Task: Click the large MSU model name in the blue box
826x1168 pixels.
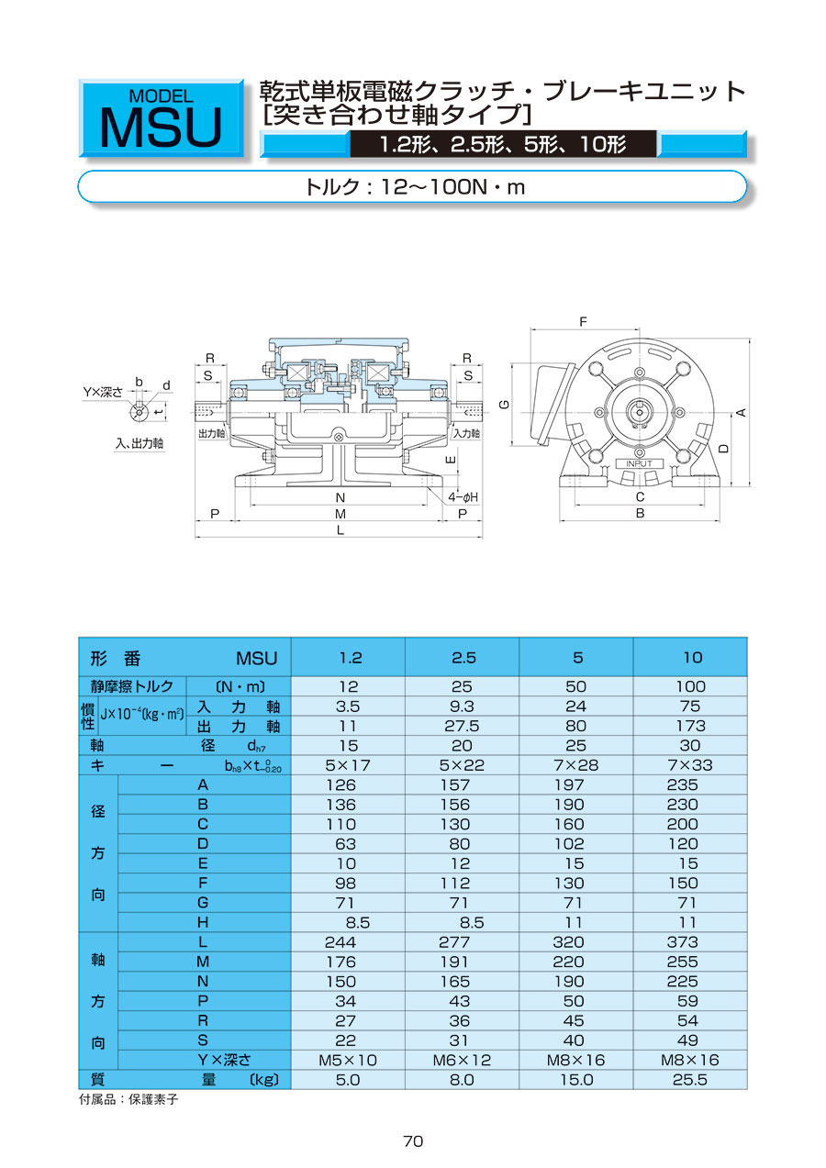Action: click(x=161, y=128)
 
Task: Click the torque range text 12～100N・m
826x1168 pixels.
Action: click(x=452, y=186)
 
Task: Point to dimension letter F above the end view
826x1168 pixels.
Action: click(x=583, y=322)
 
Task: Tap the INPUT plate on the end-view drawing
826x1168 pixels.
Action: click(x=639, y=463)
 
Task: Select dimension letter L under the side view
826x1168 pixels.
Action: click(x=340, y=530)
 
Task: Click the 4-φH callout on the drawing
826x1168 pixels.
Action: click(x=463, y=497)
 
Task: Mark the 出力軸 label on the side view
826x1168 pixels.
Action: click(x=212, y=433)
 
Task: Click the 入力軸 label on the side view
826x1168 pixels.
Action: click(x=467, y=433)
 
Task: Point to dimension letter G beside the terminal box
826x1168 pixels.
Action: click(x=504, y=404)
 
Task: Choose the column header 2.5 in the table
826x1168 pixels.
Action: click(x=463, y=658)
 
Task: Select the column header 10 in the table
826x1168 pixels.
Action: click(x=693, y=658)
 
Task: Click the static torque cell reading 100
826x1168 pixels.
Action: click(x=690, y=686)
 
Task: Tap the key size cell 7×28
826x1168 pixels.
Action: click(x=575, y=765)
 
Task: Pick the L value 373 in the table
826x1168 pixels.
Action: click(x=682, y=942)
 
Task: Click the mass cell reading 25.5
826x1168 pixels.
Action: click(x=689, y=1080)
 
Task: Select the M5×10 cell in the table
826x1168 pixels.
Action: click(x=347, y=1060)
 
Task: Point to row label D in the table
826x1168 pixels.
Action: click(x=203, y=844)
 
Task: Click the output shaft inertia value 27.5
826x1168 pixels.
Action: click(x=462, y=727)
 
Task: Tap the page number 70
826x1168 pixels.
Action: click(x=413, y=1141)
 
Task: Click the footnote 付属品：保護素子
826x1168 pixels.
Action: click(x=128, y=1100)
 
